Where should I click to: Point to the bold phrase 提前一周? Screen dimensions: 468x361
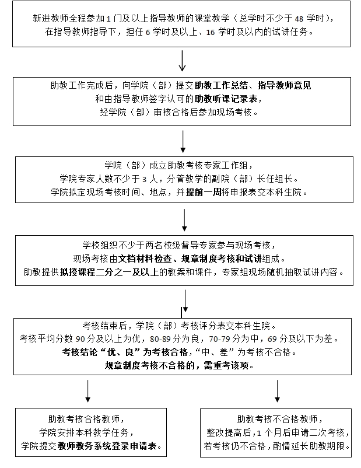coord(204,191)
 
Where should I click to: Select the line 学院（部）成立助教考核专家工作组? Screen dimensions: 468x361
coord(178,165)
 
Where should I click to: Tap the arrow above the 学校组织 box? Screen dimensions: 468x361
coord(184,219)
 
